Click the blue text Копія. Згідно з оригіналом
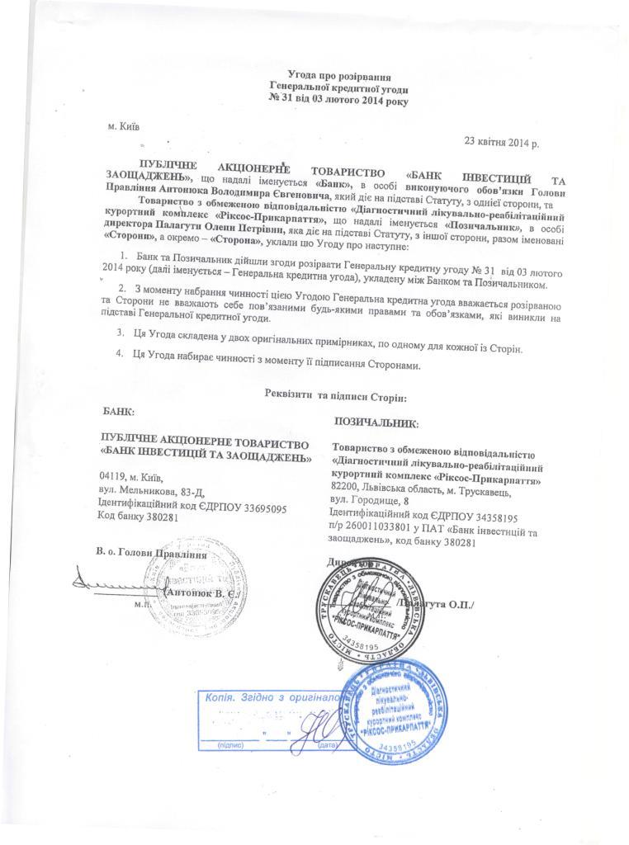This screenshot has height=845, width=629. coord(272,697)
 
